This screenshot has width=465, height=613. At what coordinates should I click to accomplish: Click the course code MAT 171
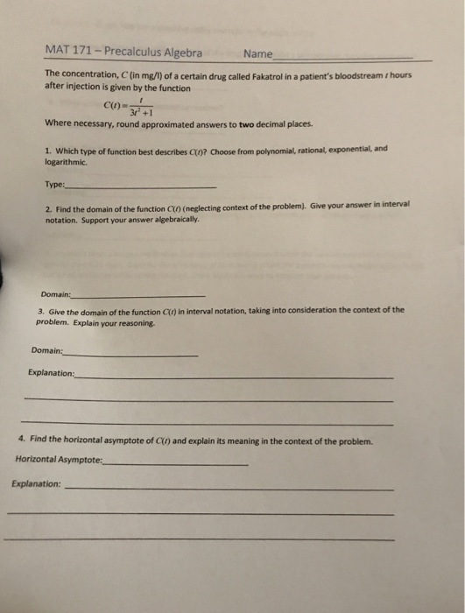[68, 53]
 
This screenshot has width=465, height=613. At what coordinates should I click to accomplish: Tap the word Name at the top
[258, 53]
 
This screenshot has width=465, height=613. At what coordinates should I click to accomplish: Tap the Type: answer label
[54, 185]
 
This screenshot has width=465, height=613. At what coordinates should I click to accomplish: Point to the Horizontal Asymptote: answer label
[59, 459]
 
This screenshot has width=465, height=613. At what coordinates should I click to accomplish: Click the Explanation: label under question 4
[37, 483]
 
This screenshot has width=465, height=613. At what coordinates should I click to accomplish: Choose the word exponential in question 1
[346, 151]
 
